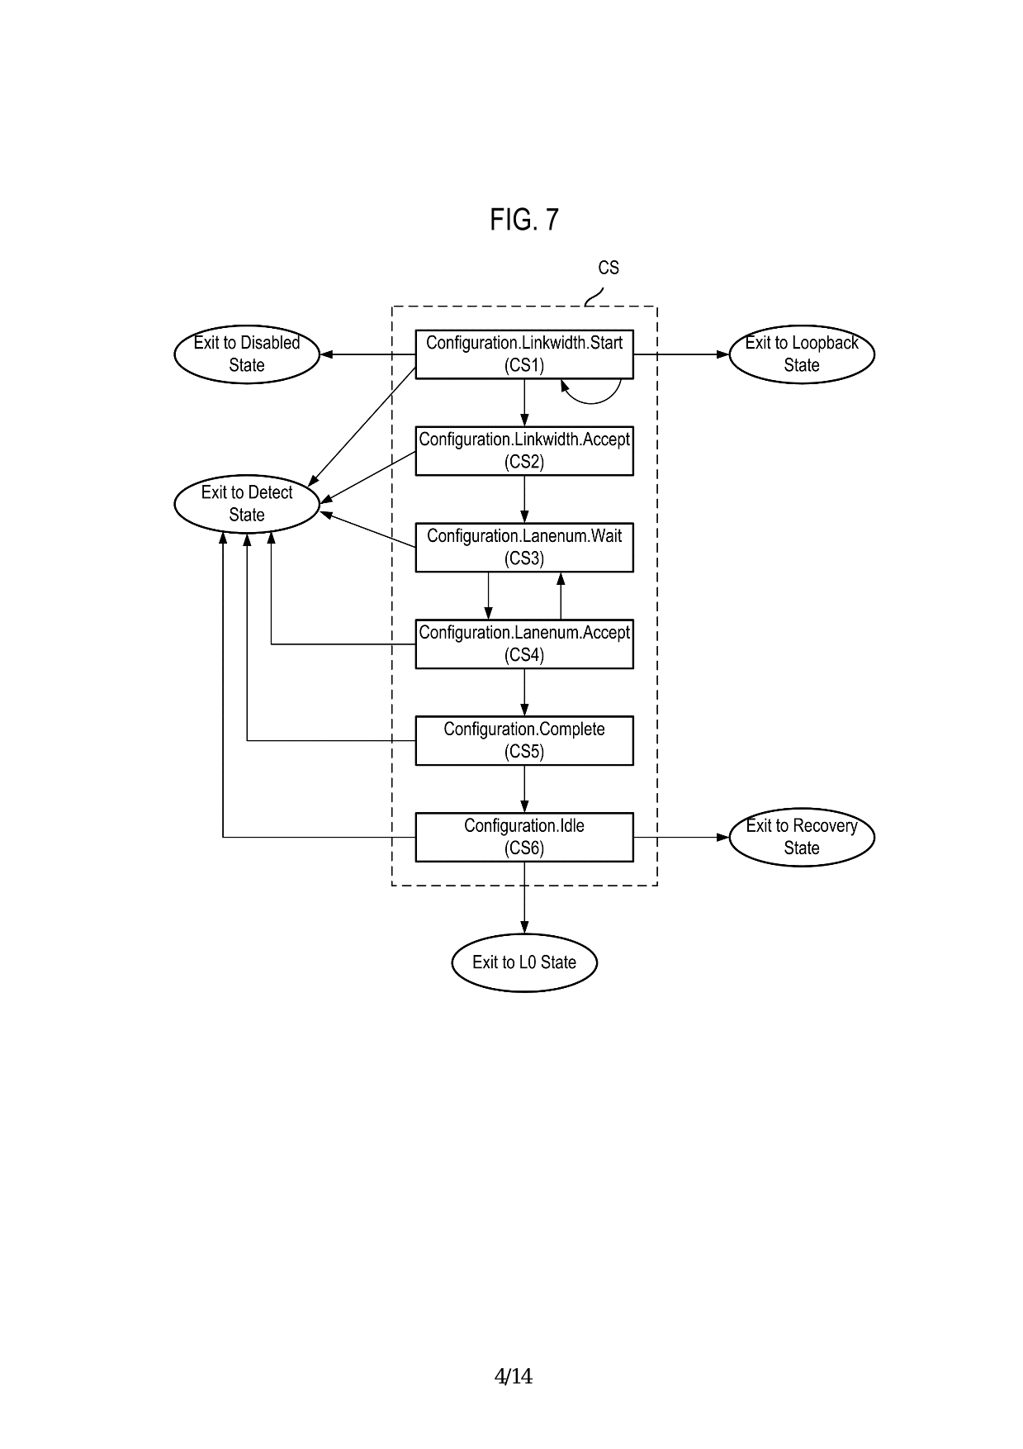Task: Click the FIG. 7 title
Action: pyautogui.click(x=524, y=220)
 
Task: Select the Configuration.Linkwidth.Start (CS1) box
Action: pyautogui.click(x=523, y=354)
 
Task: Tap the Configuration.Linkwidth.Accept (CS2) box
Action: pyautogui.click(x=523, y=450)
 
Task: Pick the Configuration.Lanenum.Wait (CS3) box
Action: pyautogui.click(x=523, y=547)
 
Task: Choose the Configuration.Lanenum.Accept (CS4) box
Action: pyautogui.click(x=523, y=644)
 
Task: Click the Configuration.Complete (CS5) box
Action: pyautogui.click(x=523, y=740)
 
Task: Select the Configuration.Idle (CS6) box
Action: pyautogui.click(x=523, y=837)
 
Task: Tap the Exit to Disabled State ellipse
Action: pyautogui.click(x=247, y=354)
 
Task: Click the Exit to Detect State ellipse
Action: pyautogui.click(x=247, y=504)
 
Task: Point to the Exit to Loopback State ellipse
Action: pyautogui.click(x=802, y=354)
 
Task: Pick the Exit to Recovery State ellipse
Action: pyautogui.click(x=802, y=837)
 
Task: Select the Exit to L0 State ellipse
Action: pyautogui.click(x=524, y=962)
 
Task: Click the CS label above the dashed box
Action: pyautogui.click(x=609, y=268)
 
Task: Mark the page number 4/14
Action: pyautogui.click(x=513, y=1376)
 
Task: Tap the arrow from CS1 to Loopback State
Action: pyautogui.click(x=681, y=354)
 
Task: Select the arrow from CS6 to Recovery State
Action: pyautogui.click(x=681, y=837)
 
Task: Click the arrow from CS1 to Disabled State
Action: pyautogui.click(x=367, y=354)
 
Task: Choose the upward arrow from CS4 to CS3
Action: pyautogui.click(x=561, y=596)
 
